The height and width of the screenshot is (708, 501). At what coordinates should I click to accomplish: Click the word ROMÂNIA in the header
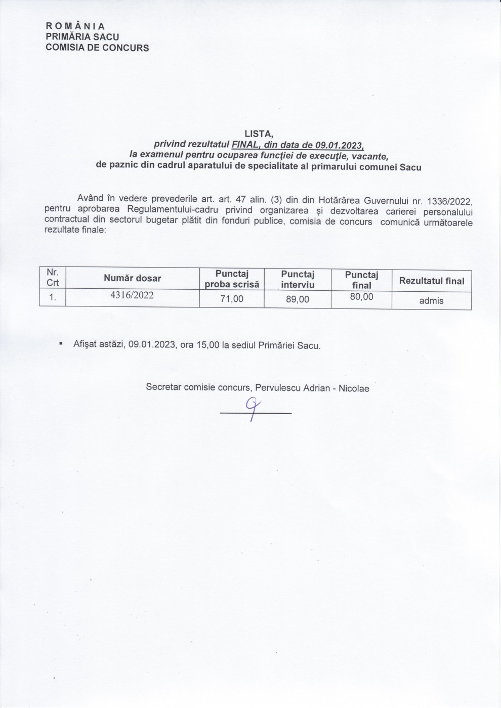75,26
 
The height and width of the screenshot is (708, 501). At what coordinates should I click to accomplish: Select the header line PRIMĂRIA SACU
82,37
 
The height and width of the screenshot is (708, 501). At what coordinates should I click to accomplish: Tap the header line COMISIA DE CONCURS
97,48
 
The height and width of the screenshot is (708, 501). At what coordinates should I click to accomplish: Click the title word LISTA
259,135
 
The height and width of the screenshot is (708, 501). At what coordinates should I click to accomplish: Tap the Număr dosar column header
133,278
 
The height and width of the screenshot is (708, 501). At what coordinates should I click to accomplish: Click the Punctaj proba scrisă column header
232,279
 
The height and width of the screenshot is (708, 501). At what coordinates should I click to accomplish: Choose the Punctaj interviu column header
298,279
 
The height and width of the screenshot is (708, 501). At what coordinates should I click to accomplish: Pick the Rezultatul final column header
432,281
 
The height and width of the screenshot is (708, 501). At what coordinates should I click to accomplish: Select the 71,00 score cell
232,299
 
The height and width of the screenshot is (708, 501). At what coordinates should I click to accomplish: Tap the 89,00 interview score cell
298,299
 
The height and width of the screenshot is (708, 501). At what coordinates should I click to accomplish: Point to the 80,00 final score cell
361,297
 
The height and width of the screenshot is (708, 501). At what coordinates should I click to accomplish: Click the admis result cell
431,300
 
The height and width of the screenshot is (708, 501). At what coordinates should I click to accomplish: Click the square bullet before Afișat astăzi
61,344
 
